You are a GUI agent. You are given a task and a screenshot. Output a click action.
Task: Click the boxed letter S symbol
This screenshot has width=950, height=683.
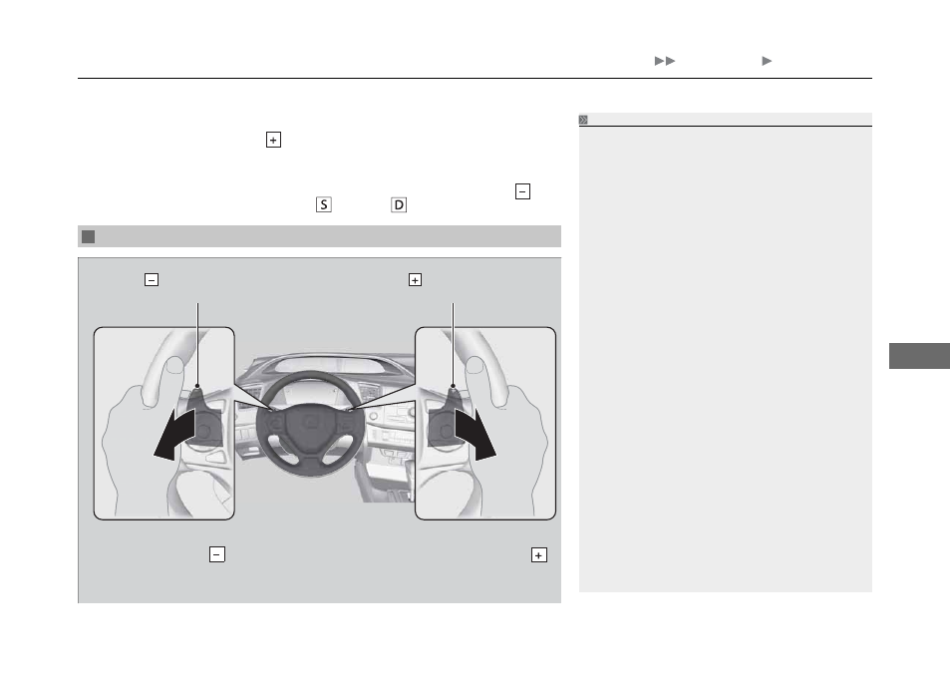tap(324, 204)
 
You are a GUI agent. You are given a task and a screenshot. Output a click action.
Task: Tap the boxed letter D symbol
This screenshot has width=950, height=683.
tap(399, 204)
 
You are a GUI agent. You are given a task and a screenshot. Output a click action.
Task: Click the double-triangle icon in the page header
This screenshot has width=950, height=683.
tap(665, 61)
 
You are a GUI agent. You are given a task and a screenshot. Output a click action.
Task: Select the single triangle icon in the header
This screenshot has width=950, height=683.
tap(767, 61)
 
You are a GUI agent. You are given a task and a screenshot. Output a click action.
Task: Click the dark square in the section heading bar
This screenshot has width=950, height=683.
tap(89, 236)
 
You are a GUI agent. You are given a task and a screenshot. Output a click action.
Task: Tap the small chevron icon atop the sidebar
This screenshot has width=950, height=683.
tap(583, 120)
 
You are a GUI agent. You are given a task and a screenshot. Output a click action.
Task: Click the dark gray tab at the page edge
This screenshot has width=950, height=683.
tap(919, 356)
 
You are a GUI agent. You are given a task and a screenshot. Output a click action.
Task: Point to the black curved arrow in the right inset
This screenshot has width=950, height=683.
tap(476, 433)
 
